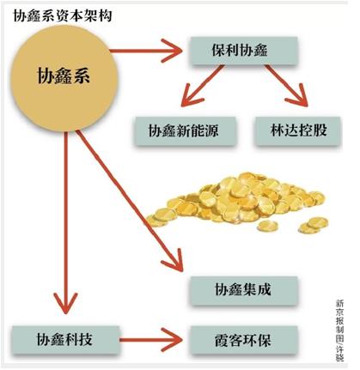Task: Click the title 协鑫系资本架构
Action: click(x=63, y=15)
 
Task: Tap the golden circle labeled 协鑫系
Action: click(x=64, y=78)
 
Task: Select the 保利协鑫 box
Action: click(x=244, y=51)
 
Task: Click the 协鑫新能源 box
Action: click(x=185, y=131)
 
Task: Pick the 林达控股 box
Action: click(x=298, y=131)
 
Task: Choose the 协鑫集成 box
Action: click(x=243, y=290)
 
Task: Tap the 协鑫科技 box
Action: click(x=65, y=340)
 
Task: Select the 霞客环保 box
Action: click(x=243, y=340)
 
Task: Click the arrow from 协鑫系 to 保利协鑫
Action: click(x=145, y=51)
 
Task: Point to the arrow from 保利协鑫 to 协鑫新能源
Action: click(x=203, y=86)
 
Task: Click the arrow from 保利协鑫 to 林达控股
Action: click(x=286, y=86)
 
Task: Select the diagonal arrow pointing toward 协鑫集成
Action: click(x=130, y=201)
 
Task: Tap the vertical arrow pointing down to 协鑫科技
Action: click(x=65, y=222)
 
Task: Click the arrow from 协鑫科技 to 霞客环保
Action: click(x=150, y=340)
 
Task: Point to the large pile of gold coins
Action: click(x=238, y=203)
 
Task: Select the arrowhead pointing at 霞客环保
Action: click(x=173, y=340)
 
